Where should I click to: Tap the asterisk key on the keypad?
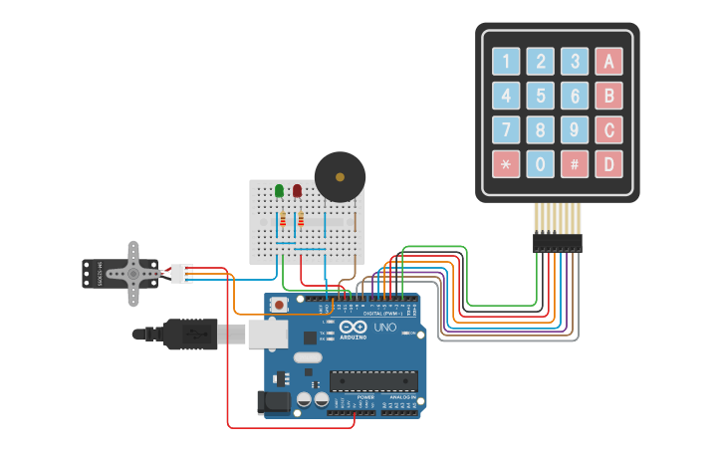[506, 163]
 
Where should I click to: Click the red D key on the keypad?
[608, 163]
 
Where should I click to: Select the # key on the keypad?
[574, 163]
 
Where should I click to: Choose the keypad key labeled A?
[608, 62]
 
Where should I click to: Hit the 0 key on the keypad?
[540, 163]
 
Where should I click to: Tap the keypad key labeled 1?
[506, 62]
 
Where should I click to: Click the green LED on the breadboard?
[279, 190]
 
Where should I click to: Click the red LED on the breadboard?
[297, 190]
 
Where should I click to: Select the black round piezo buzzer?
[340, 177]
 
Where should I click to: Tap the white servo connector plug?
[181, 273]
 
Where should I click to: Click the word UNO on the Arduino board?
[384, 327]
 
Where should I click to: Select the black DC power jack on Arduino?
[274, 401]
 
